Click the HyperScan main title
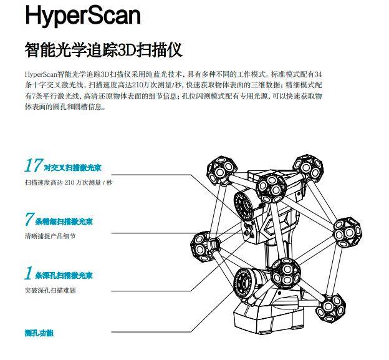(83, 16)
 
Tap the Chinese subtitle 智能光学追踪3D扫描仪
(103, 49)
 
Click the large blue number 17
(32, 166)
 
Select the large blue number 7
(29, 220)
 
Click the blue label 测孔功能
(39, 333)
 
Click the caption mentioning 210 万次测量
(69, 183)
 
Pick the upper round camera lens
(247, 203)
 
